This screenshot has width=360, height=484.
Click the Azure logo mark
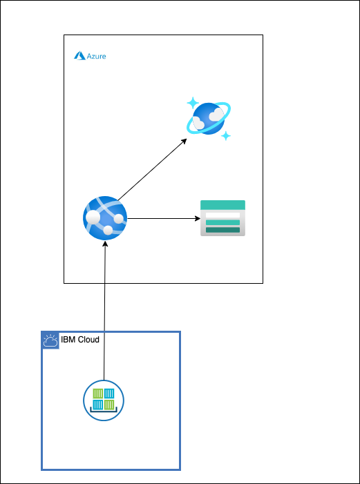click(79, 56)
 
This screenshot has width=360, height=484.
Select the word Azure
click(96, 56)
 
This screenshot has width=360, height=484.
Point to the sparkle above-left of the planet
click(191, 103)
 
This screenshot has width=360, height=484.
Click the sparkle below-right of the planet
click(226, 136)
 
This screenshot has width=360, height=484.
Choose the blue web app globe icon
click(105, 218)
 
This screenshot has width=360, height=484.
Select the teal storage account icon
click(222, 218)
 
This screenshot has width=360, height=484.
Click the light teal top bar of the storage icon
click(222, 205)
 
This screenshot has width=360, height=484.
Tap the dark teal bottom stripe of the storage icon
click(222, 230)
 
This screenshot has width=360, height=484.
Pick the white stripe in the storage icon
click(222, 215)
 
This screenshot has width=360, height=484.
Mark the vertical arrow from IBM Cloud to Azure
click(104, 311)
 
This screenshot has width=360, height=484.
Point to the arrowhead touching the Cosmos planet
click(184, 141)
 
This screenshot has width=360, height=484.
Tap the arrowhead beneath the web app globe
click(105, 246)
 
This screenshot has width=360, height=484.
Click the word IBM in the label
click(68, 340)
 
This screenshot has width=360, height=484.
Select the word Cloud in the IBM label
click(88, 340)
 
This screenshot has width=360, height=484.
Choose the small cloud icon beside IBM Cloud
click(50, 340)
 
